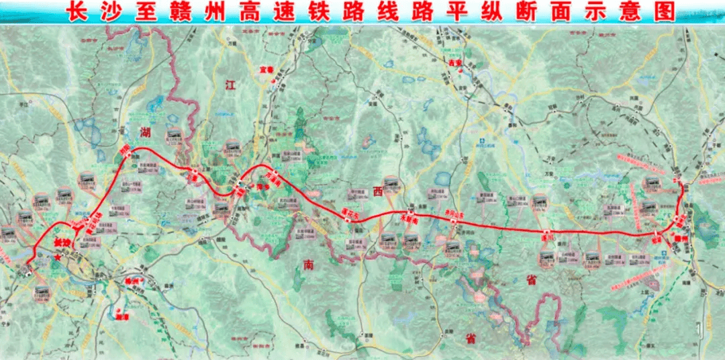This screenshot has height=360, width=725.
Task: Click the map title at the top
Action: point(362,12)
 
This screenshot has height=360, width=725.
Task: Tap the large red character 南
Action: point(308,265)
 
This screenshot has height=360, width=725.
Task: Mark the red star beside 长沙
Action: point(59,256)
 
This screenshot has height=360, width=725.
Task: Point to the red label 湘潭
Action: point(121,312)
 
